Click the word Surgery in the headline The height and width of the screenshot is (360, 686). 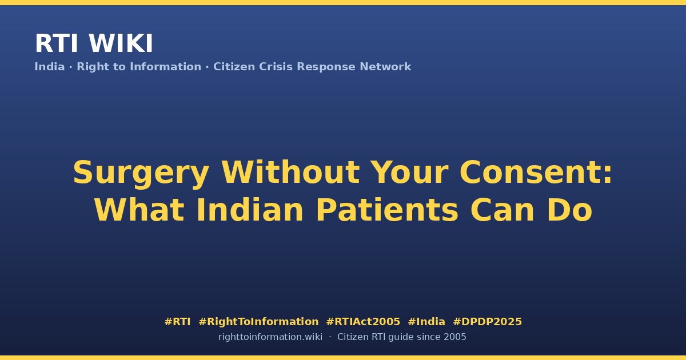[x=141, y=174]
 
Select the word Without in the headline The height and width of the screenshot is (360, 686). [x=290, y=173]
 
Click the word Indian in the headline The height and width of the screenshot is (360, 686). [x=250, y=210]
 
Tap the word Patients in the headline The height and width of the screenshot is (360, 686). [x=387, y=210]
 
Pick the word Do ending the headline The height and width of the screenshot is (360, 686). [x=569, y=210]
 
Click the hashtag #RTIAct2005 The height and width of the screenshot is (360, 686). [x=363, y=322]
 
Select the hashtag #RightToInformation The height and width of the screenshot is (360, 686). [x=258, y=322]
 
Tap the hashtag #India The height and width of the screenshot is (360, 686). [x=426, y=322]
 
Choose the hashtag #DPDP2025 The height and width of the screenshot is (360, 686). [x=487, y=322]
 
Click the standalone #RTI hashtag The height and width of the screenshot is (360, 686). [x=177, y=322]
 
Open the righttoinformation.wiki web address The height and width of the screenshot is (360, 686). [x=270, y=337]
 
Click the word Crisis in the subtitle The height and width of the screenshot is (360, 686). [x=276, y=67]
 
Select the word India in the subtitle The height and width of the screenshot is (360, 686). [x=50, y=67]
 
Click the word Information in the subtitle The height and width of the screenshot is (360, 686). [x=166, y=67]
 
